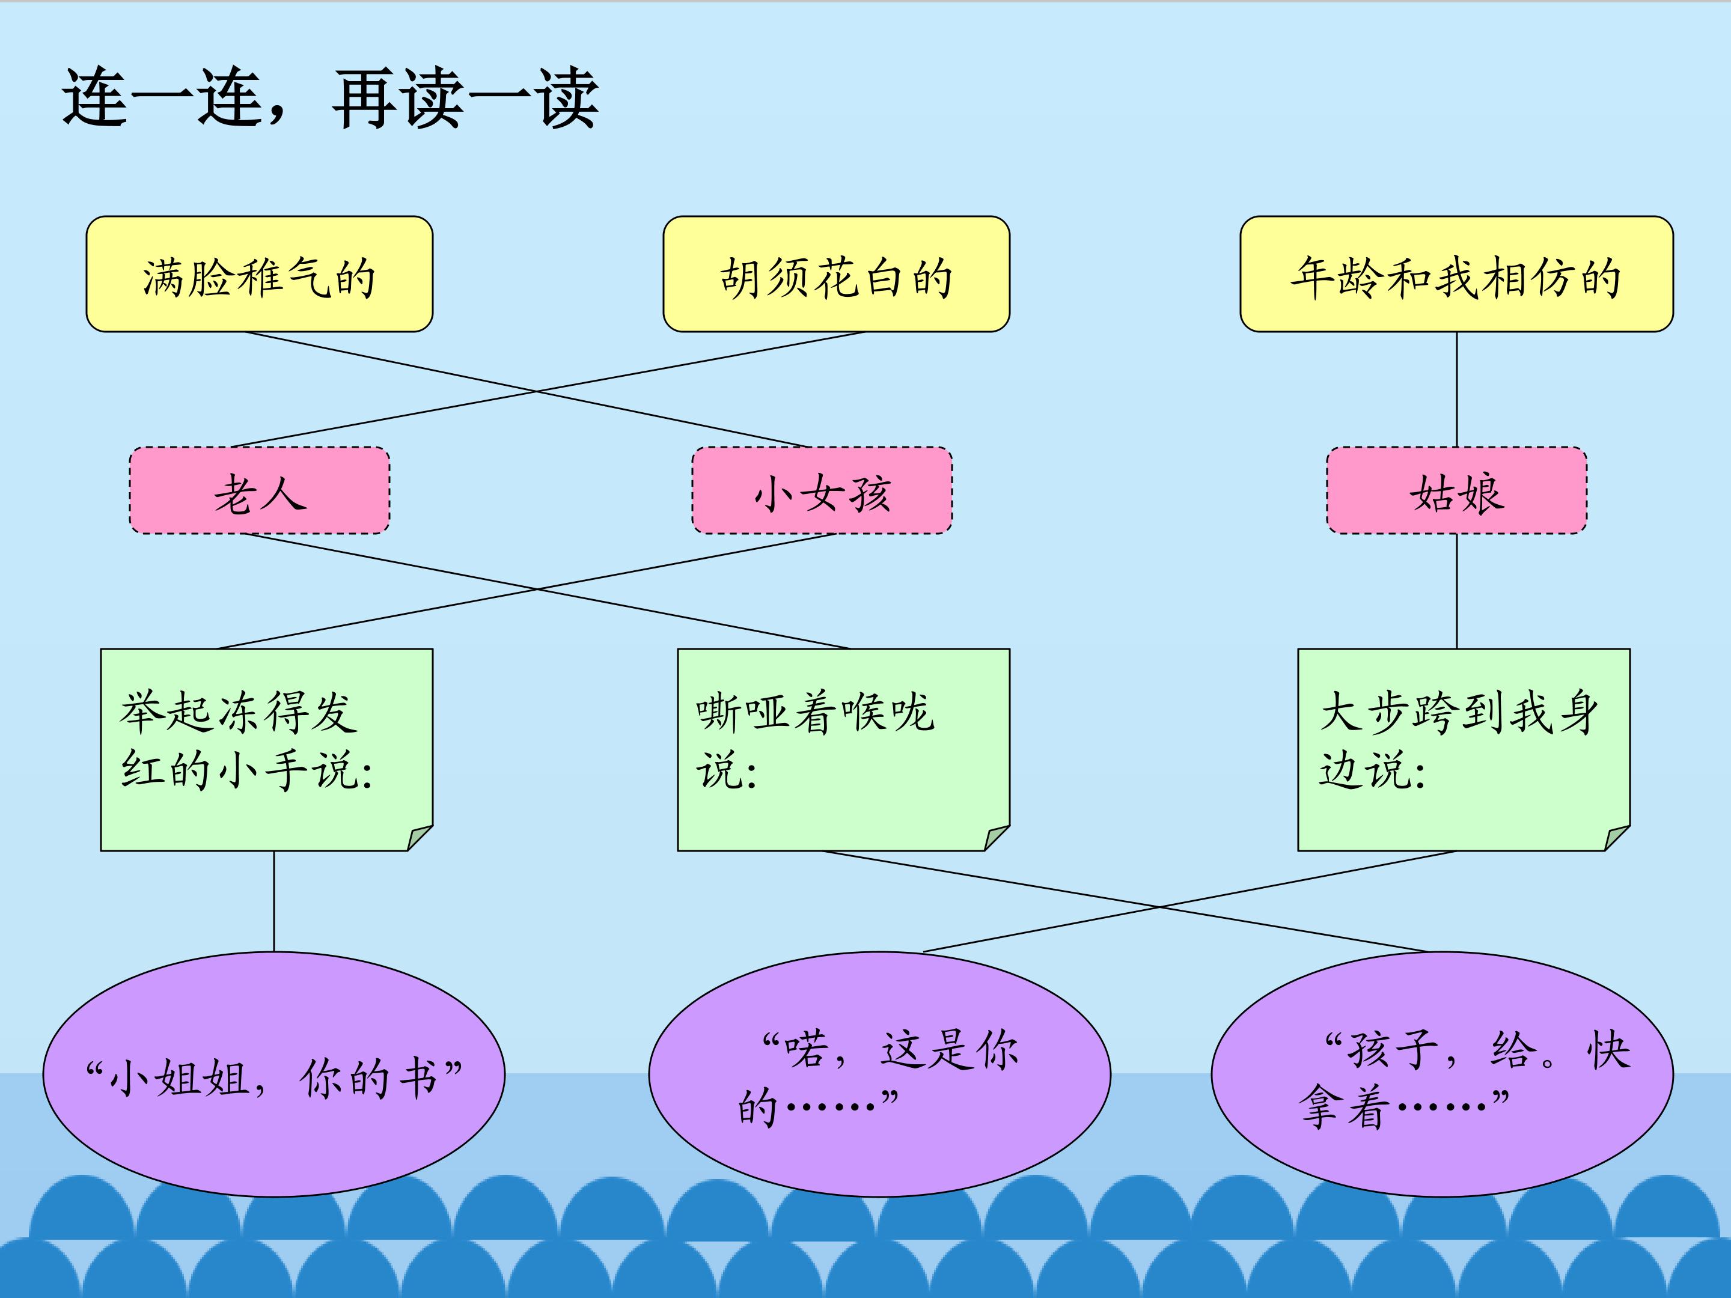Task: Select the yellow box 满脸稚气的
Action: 259,275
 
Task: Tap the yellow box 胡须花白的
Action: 836,275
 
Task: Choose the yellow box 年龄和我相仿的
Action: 1456,275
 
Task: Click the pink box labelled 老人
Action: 259,492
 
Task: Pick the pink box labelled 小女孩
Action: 822,492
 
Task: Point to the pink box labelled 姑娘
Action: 1456,492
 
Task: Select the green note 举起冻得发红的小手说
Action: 266,749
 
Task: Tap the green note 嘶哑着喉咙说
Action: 843,749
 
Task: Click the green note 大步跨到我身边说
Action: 1464,749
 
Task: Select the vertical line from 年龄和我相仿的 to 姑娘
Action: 1456,389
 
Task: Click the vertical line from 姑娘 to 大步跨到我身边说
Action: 1456,591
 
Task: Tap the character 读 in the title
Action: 432,99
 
